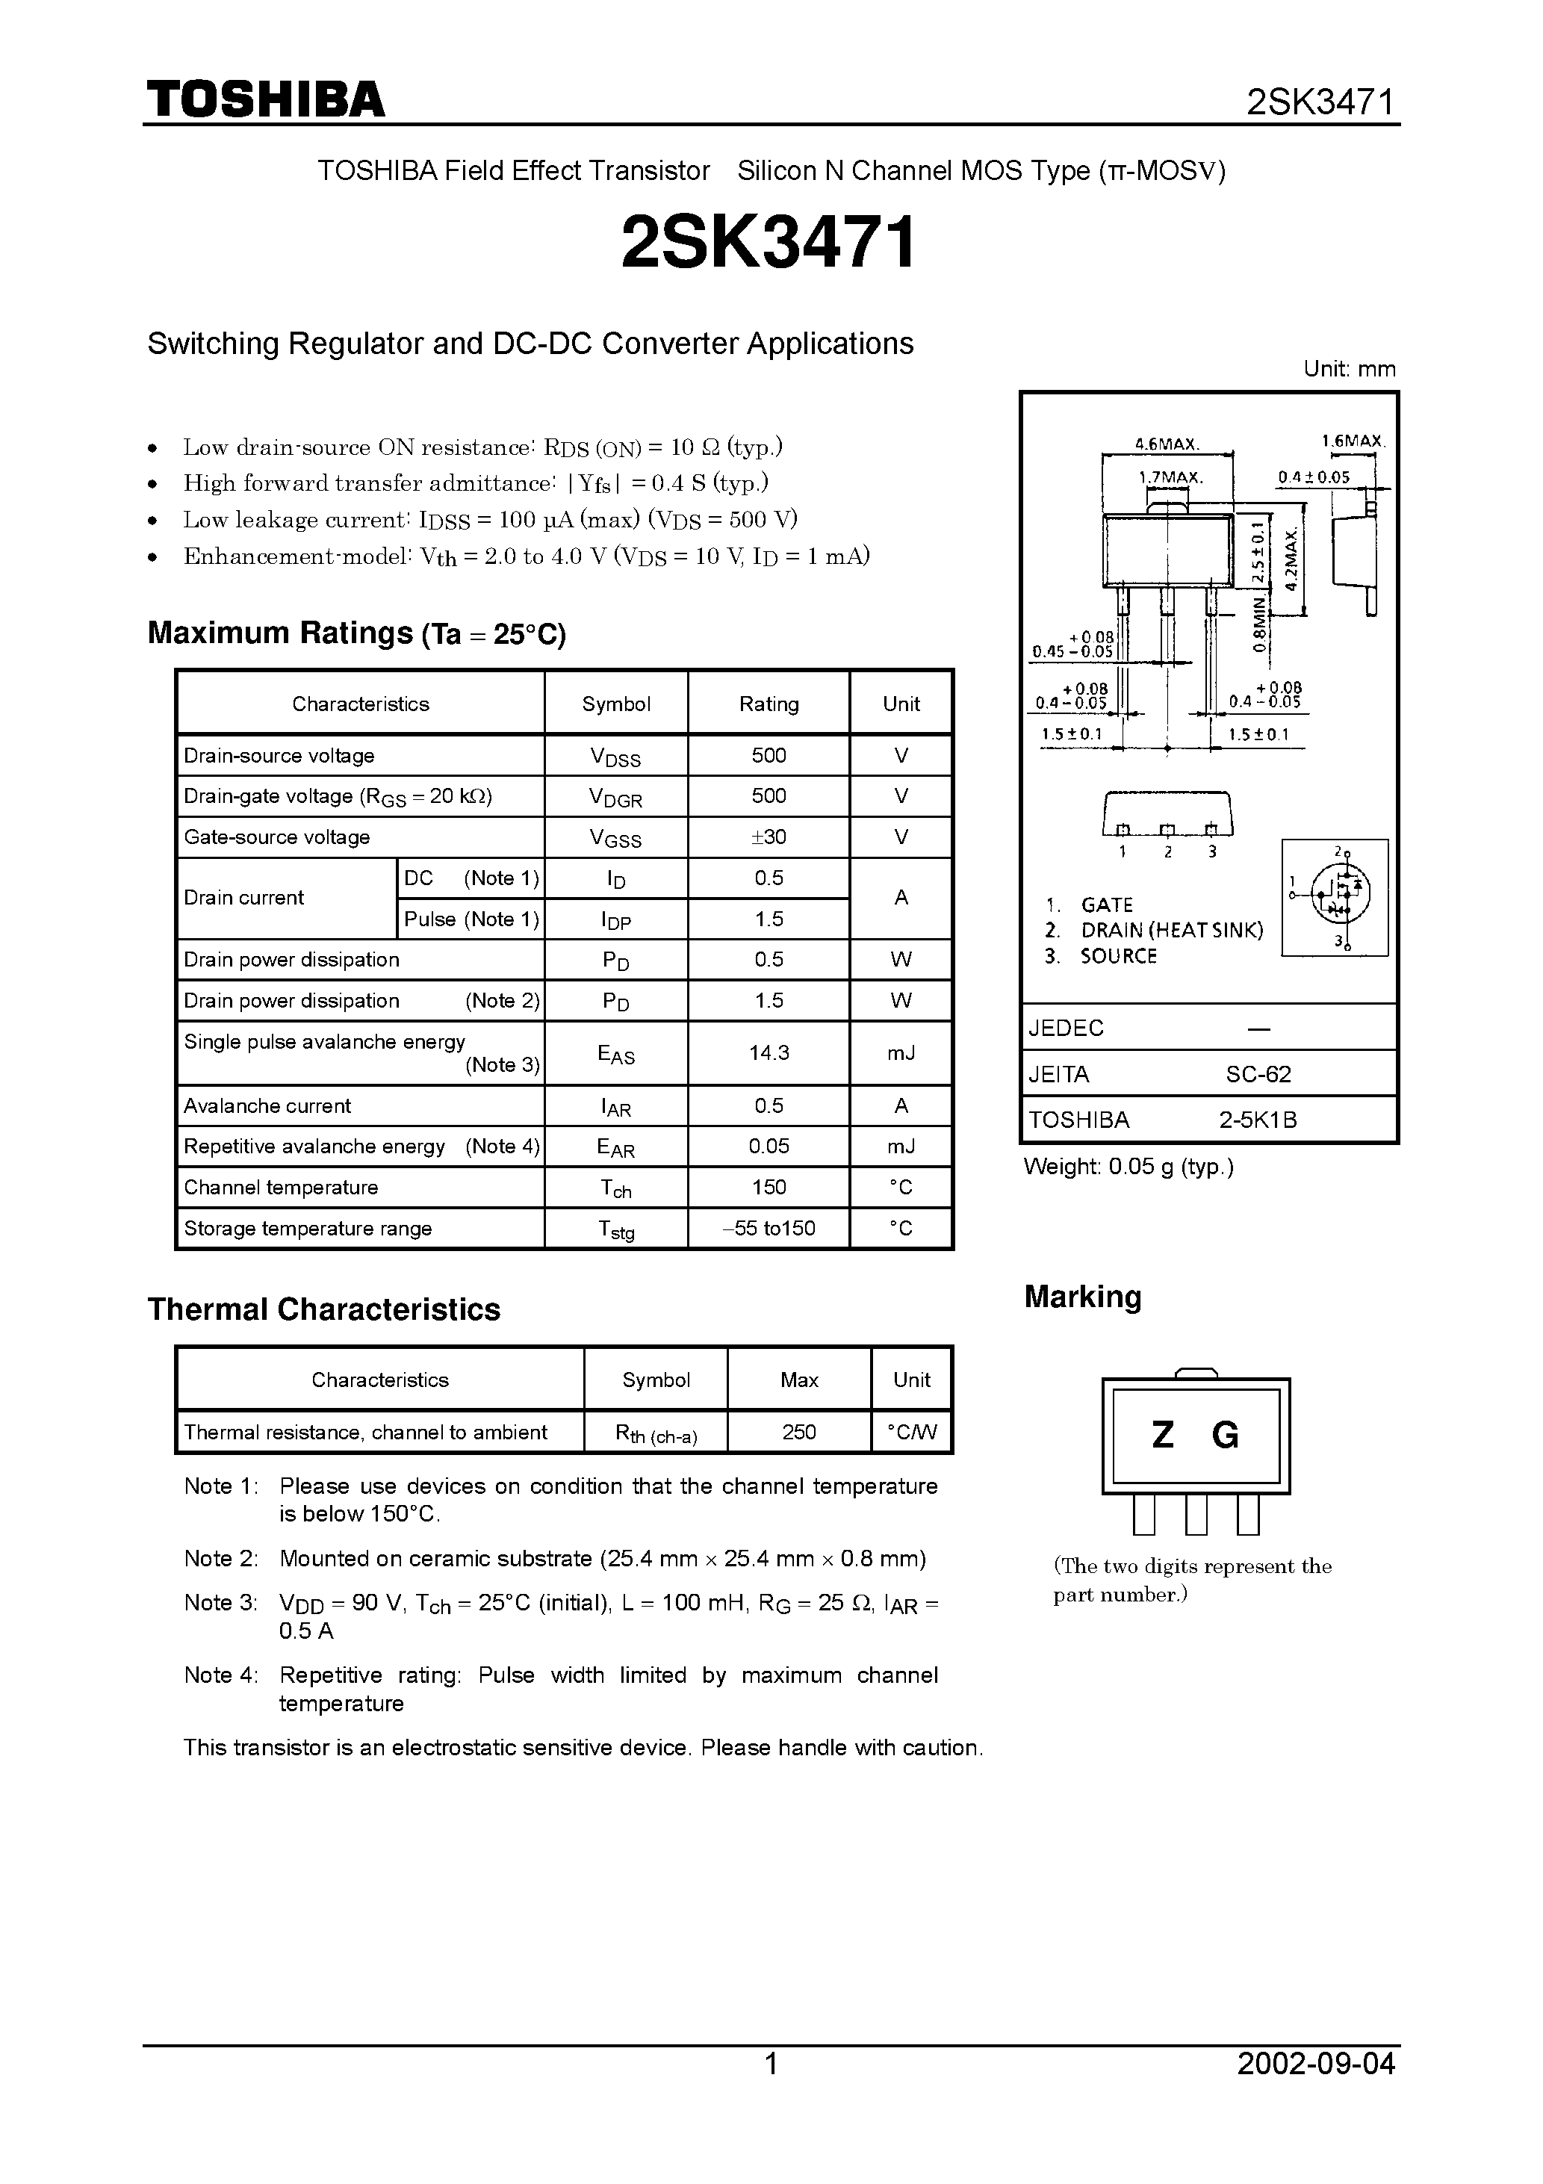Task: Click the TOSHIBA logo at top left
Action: (265, 99)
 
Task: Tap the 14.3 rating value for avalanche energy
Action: (769, 1053)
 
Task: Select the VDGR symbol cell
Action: (615, 797)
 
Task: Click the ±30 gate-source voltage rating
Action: (769, 837)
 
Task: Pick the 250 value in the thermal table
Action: (799, 1432)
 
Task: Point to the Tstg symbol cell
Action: (615, 1229)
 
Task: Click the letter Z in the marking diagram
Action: (1163, 1434)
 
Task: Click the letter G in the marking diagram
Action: (1226, 1434)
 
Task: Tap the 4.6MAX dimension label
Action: (1167, 443)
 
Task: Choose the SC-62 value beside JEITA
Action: (1258, 1074)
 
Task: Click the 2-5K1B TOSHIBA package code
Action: (1258, 1120)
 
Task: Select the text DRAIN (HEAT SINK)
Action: (1172, 931)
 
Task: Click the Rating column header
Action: (769, 704)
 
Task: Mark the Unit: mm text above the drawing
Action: (1349, 369)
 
